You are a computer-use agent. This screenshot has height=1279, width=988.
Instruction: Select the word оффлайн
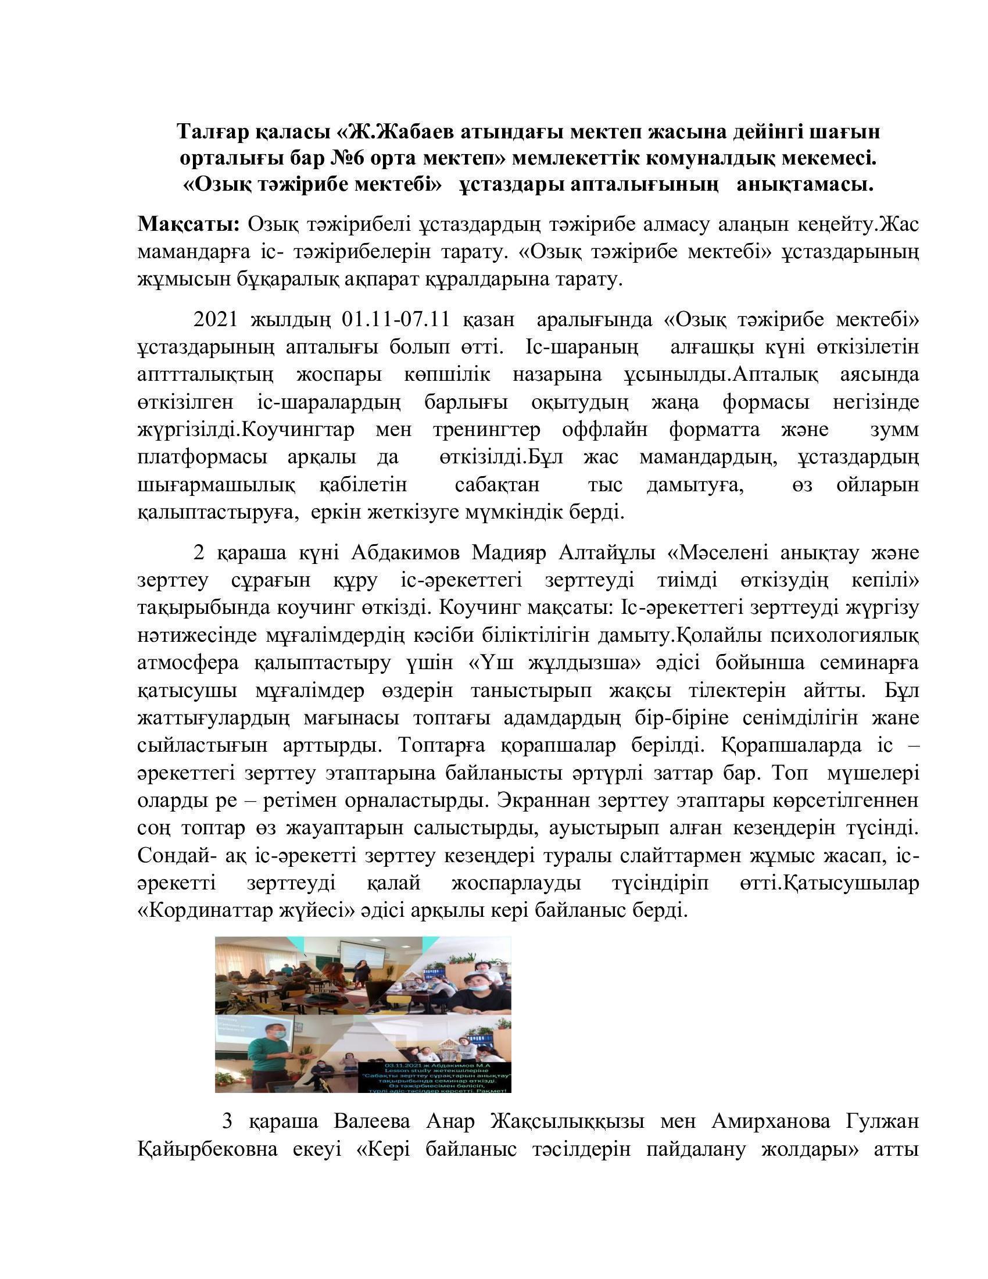point(604,430)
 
